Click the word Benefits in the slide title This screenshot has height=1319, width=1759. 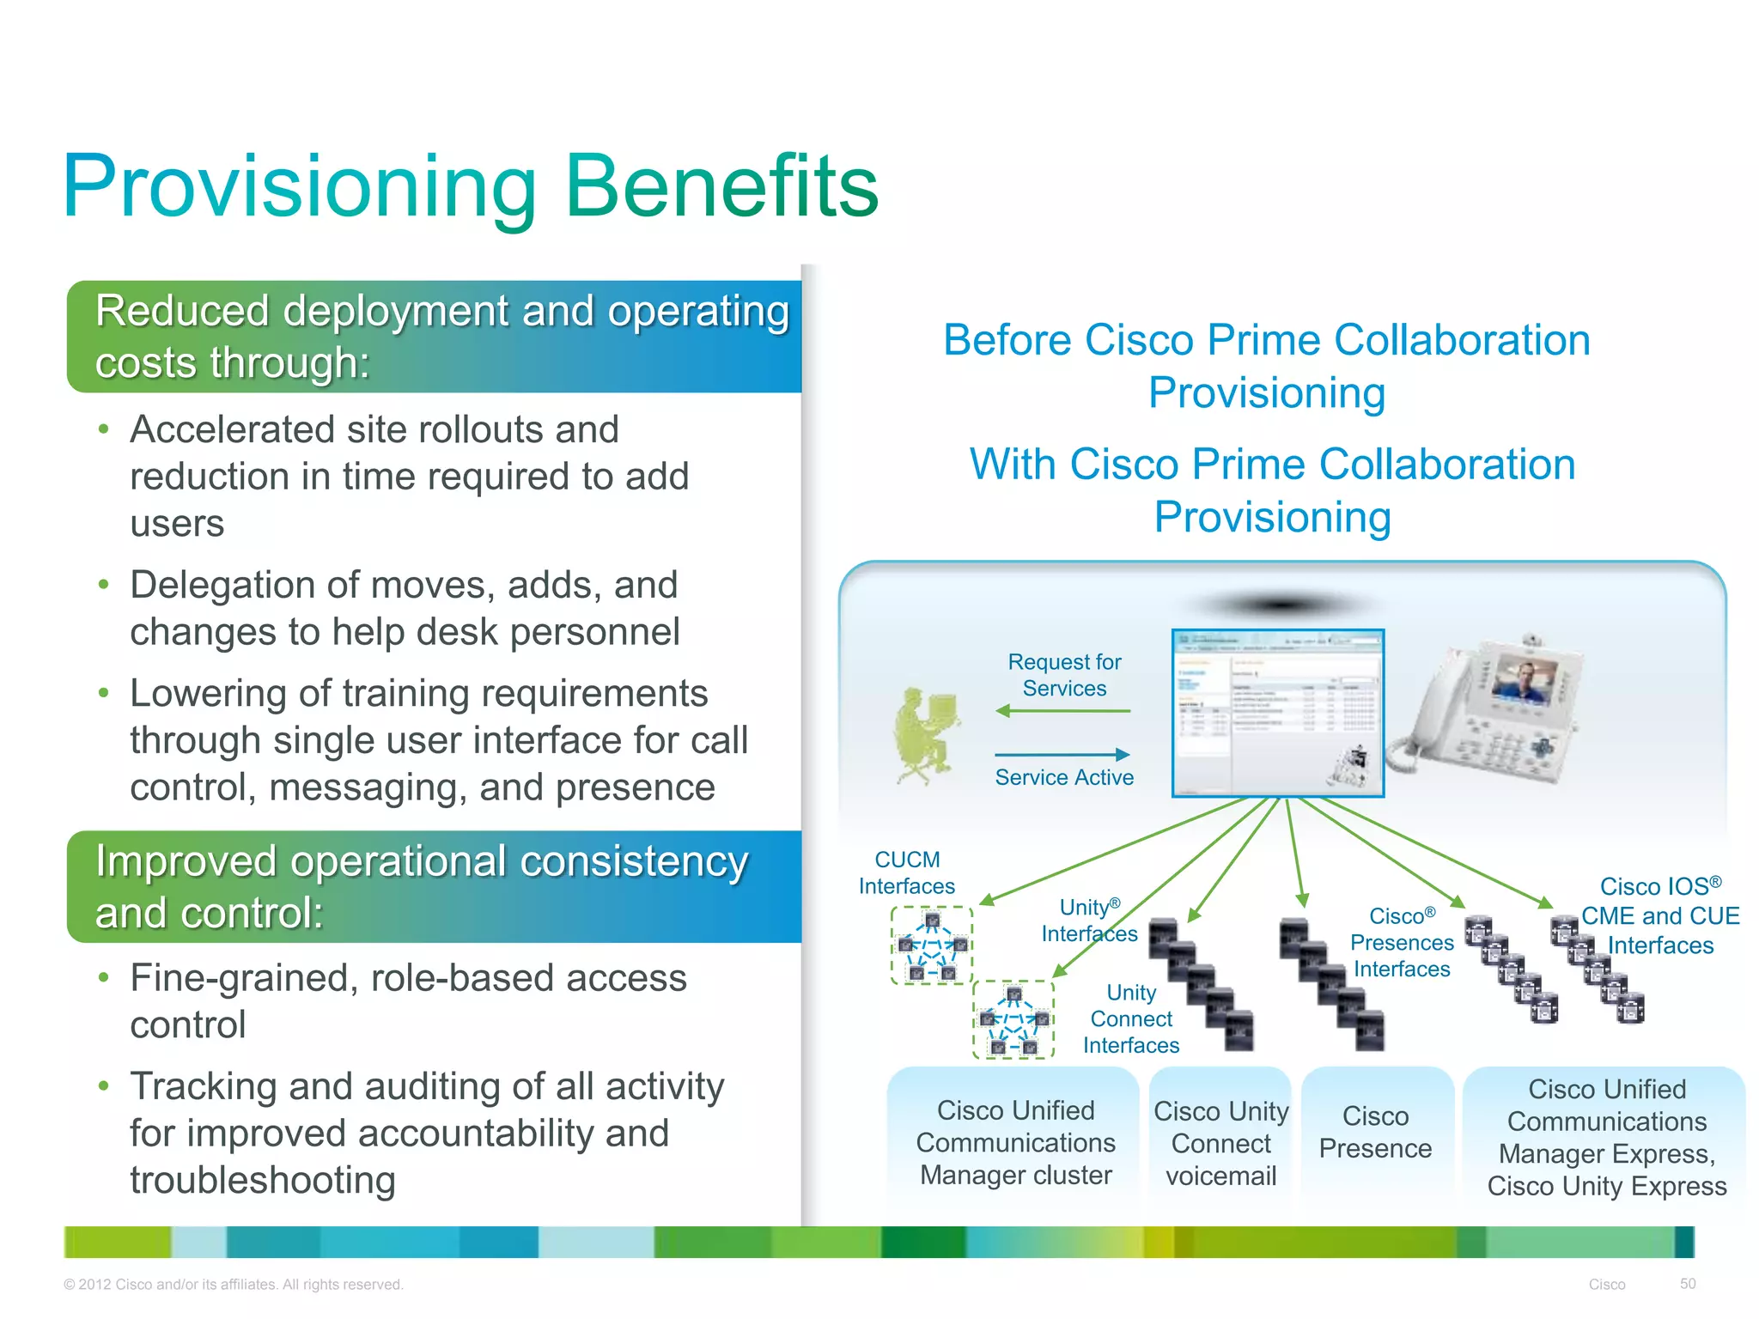[x=721, y=186]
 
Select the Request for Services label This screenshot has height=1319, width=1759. [x=1064, y=675]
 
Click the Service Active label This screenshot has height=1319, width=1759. [x=1064, y=777]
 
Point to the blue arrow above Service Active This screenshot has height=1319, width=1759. [x=1062, y=755]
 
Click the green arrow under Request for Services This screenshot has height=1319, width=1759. [x=1062, y=711]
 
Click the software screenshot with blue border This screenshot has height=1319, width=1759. [x=1277, y=713]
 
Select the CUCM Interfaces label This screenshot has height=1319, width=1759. [x=907, y=872]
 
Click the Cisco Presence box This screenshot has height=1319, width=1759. [x=1375, y=1132]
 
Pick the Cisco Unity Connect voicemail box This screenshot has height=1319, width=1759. [x=1220, y=1143]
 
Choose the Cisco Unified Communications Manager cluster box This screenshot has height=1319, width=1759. [x=1015, y=1142]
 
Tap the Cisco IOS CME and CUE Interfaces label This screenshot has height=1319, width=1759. [x=1660, y=915]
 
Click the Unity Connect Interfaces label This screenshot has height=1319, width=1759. [x=1130, y=1019]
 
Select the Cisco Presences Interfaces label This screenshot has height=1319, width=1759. [x=1402, y=943]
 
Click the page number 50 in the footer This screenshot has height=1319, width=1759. [x=1688, y=1284]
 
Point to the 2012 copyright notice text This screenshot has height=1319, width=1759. [x=233, y=1285]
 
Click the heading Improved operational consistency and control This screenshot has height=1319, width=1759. [x=421, y=886]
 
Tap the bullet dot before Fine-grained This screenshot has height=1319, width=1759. [x=103, y=978]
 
